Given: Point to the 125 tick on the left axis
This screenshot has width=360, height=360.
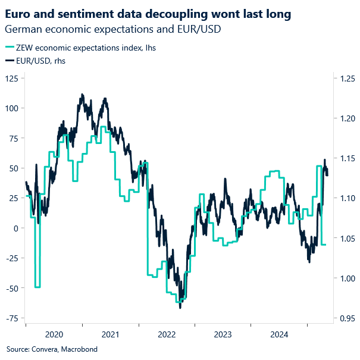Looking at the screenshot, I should point(12,79).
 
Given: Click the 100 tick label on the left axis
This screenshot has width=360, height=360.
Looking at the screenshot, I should point(12,108).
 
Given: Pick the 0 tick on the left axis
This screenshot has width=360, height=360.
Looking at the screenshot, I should point(17,228).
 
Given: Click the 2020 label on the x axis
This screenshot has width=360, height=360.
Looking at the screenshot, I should point(54,334).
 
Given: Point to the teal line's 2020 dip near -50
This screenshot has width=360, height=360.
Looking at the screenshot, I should point(37,286).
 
